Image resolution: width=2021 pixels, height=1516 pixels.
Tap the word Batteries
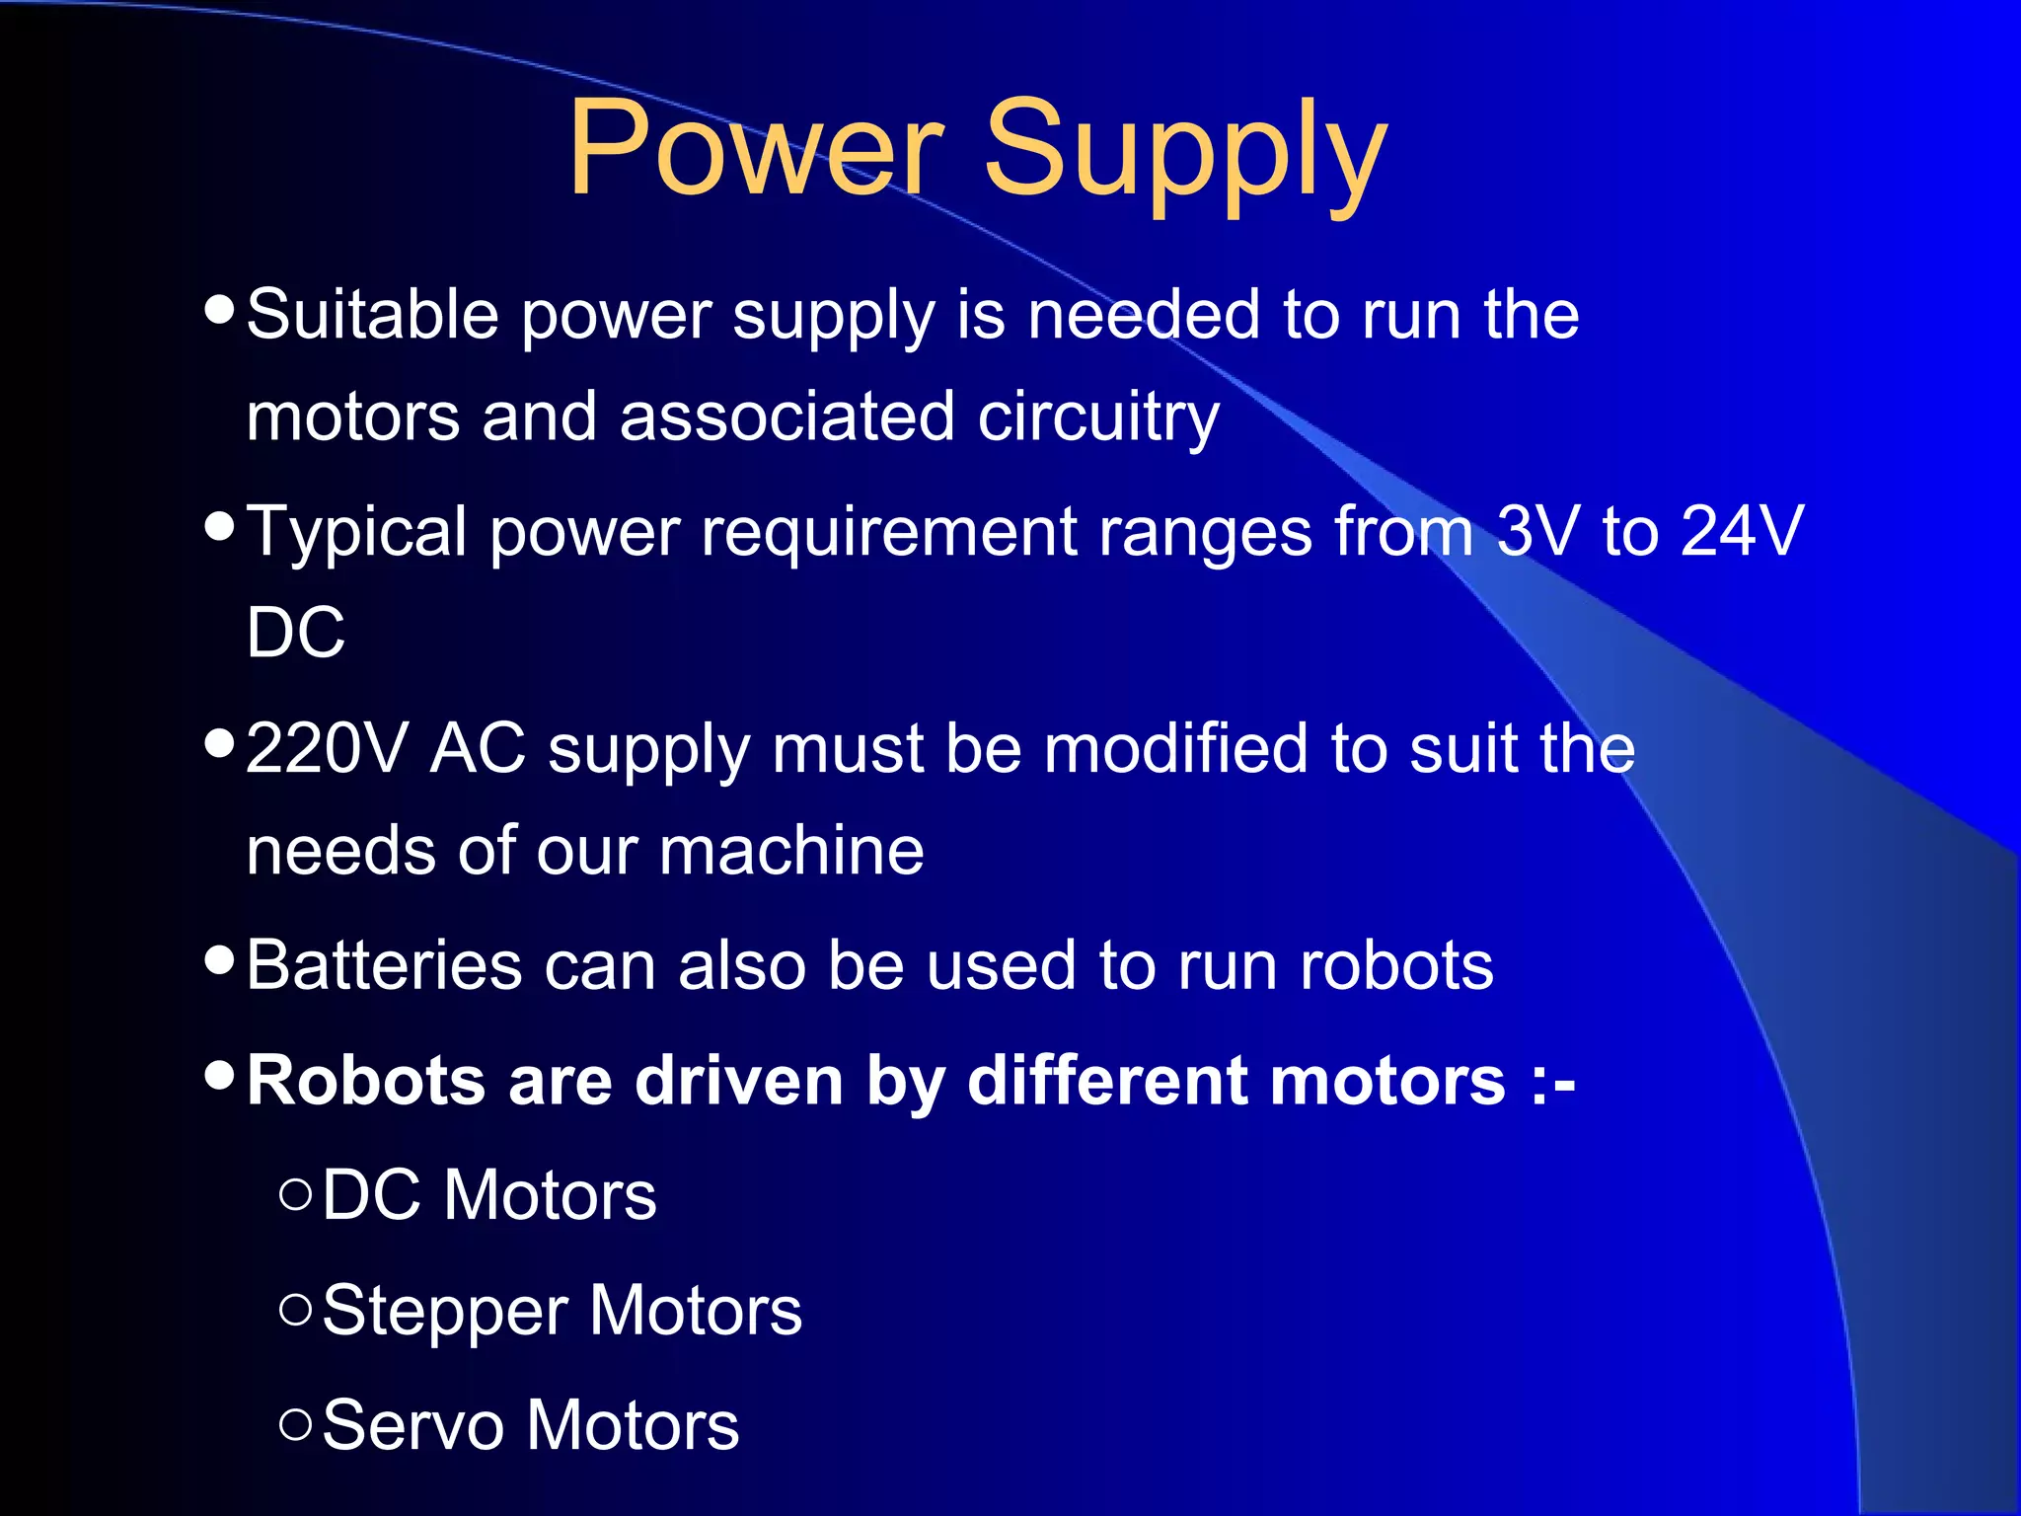point(384,964)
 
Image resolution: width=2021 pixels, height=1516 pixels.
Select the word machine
point(791,850)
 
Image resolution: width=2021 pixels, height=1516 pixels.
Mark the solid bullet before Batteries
point(219,958)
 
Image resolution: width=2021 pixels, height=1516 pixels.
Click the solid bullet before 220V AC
point(219,742)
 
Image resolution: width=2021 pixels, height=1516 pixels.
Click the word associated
point(786,417)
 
